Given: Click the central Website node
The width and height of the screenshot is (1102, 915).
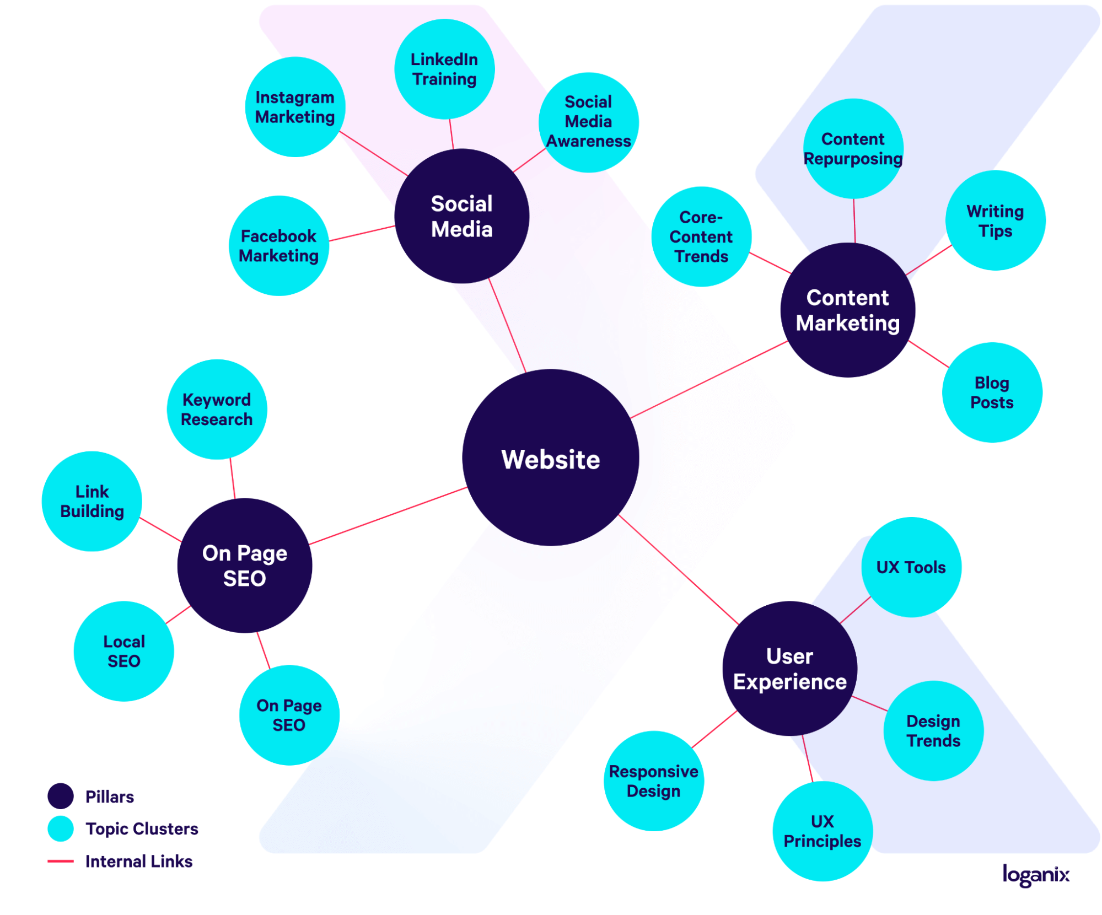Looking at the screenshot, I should pos(550,457).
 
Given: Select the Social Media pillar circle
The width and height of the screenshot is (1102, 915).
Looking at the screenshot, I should pos(461,216).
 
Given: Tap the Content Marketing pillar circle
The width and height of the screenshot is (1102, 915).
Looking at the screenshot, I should pos(847,310).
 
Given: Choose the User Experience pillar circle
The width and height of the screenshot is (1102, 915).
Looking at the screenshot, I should pos(789,668).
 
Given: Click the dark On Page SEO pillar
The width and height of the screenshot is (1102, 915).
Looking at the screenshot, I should pos(244,566).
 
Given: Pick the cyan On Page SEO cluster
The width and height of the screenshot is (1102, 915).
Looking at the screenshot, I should pos(289,715).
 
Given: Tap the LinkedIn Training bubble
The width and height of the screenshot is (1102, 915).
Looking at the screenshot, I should pos(444,69).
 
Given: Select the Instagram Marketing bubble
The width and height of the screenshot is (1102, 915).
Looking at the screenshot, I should pos(295,107).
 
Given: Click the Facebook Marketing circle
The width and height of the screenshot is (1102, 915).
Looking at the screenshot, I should pos(278,246).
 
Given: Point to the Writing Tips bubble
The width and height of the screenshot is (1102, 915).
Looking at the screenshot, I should pos(995,220).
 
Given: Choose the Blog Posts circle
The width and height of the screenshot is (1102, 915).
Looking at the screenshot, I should pos(992,392).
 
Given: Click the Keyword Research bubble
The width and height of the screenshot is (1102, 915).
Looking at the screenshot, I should pos(217,409).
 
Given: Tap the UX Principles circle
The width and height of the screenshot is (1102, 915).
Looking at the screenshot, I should pos(822,831).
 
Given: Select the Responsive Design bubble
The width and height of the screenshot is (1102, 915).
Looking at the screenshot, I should pos(653,781).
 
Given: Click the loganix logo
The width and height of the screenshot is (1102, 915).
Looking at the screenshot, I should pos(1036,875).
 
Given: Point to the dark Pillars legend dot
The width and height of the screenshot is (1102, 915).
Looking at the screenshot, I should pos(61,796).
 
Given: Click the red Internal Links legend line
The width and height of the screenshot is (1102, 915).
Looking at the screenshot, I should pos(61,861).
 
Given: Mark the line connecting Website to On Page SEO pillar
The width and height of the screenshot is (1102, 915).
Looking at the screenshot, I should pos(388,516).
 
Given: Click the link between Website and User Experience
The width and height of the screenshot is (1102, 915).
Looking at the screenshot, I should pos(678,569).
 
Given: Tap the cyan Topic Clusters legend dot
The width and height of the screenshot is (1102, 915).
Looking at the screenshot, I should pos(61,828).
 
